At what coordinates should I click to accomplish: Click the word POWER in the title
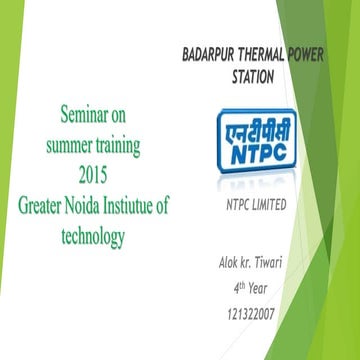[330, 54]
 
